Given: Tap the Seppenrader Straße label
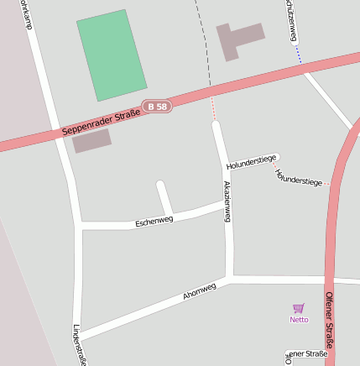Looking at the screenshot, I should click(x=102, y=123).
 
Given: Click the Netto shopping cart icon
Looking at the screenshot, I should click(x=299, y=308).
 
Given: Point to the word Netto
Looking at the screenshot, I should click(x=299, y=319).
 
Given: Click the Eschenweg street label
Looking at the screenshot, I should click(x=154, y=221).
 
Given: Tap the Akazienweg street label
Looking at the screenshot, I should click(x=227, y=201).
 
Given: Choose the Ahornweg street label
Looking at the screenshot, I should click(x=200, y=291).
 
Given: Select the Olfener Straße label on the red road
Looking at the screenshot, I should click(x=329, y=319).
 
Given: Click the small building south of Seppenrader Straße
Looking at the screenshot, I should click(x=91, y=140).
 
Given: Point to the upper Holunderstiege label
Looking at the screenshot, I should click(x=252, y=161).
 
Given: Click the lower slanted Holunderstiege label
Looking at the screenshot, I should click(x=298, y=177).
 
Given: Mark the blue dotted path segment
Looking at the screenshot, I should click(x=298, y=55).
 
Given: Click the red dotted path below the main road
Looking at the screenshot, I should click(x=213, y=108).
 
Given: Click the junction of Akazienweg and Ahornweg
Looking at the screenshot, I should click(x=229, y=275).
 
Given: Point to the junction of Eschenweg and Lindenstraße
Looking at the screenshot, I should click(x=79, y=225).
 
